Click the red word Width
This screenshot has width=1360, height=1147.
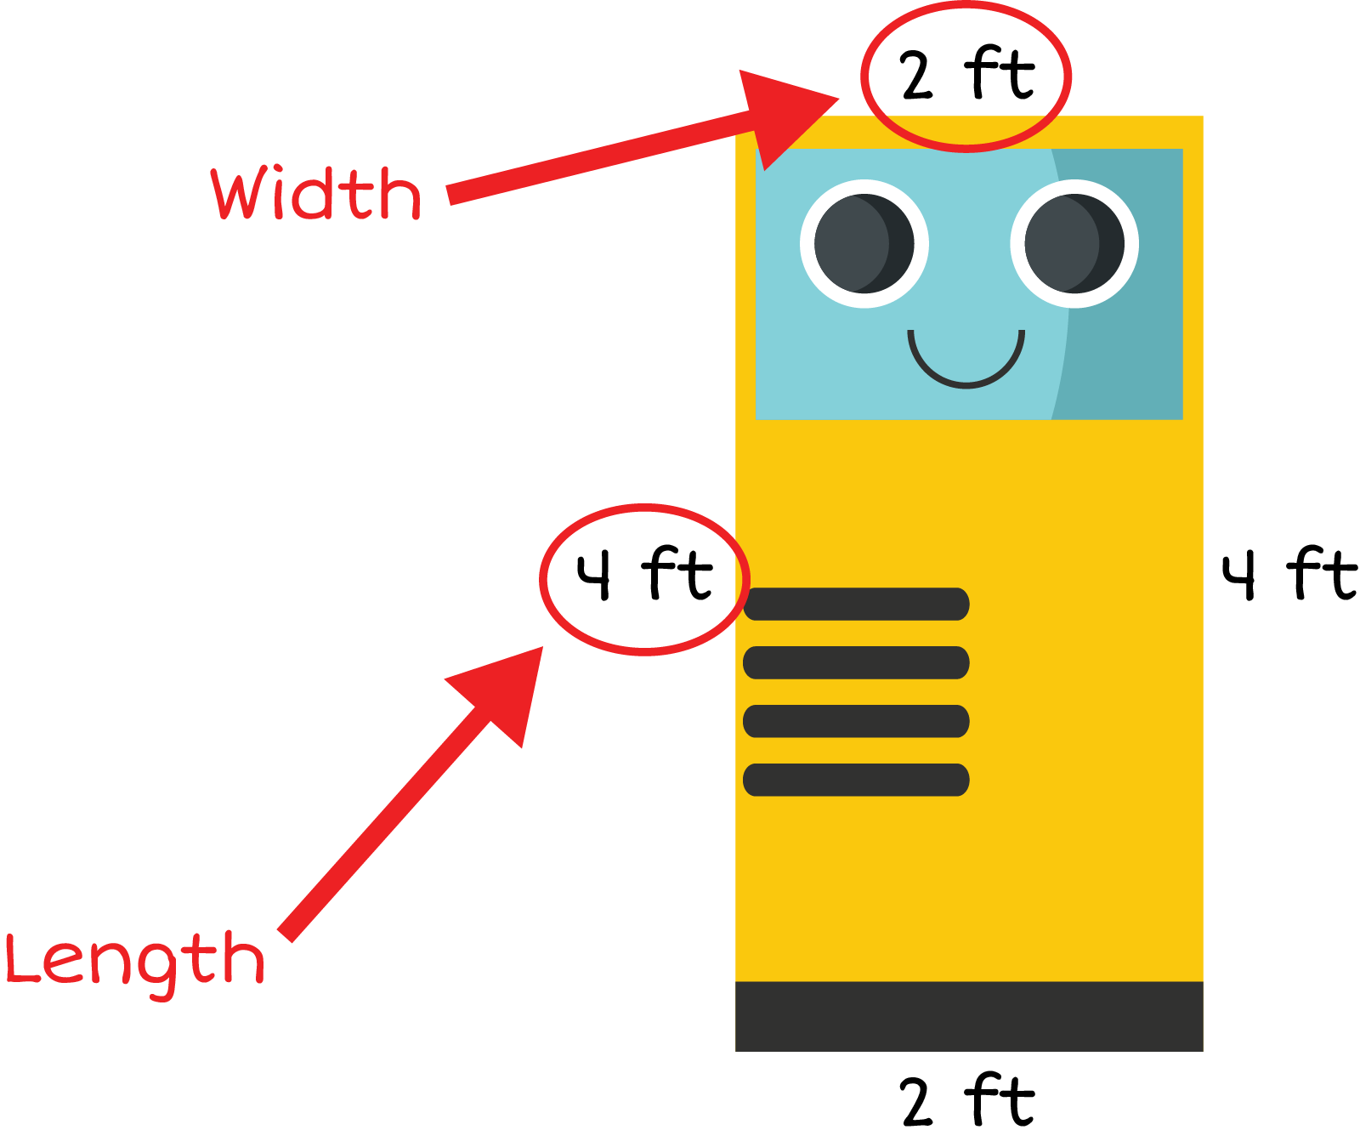tap(316, 194)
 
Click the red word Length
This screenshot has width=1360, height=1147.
tap(135, 962)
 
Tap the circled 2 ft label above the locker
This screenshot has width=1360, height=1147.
tap(966, 75)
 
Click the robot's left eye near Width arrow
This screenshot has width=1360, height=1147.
tap(864, 244)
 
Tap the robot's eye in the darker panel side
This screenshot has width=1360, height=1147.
tap(1074, 244)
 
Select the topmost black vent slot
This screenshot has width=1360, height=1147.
tap(856, 604)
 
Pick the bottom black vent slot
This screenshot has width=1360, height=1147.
tap(856, 780)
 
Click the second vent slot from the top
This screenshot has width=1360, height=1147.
tap(856, 662)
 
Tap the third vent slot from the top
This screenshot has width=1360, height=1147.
tap(856, 721)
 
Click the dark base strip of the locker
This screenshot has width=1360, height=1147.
tap(969, 1016)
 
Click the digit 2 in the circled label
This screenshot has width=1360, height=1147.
tap(917, 77)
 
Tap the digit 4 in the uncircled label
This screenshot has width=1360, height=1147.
tap(1239, 576)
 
